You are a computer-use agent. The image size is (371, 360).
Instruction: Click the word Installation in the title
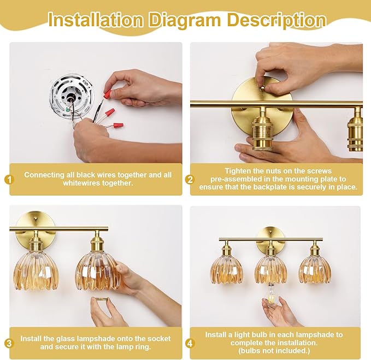point(96,20)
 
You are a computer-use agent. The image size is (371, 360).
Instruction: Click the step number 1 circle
point(9,179)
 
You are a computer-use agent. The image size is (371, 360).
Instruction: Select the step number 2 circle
point(190,179)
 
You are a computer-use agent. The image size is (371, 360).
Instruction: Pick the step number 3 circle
point(9,343)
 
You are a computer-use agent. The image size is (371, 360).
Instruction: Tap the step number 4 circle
point(190,343)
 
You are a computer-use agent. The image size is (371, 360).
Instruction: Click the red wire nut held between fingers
point(108,93)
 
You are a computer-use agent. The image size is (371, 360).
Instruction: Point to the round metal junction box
point(72,97)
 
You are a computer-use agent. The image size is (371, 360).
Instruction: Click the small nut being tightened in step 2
point(262,88)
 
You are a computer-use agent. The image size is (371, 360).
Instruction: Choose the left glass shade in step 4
point(227,270)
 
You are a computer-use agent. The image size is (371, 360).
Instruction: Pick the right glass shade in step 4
point(315,270)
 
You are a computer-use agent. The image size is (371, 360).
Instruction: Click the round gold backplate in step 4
point(270,239)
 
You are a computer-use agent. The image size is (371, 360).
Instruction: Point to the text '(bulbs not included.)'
point(274,351)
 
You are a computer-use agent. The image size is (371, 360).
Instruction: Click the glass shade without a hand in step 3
point(36,272)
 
